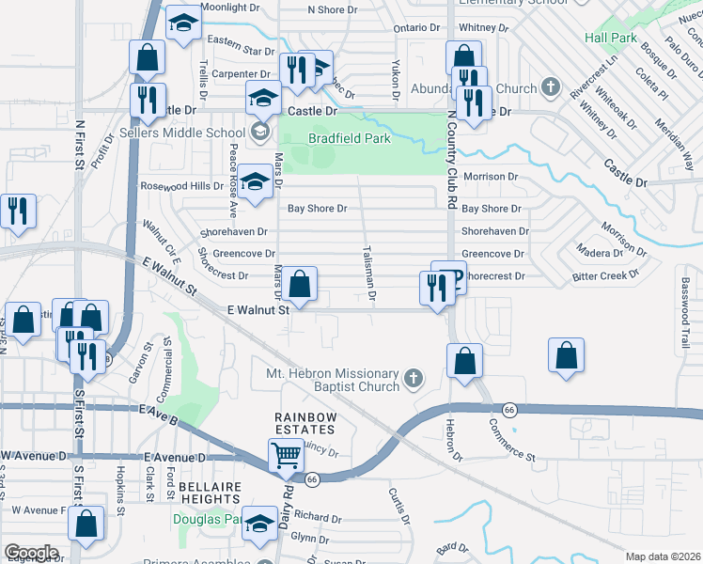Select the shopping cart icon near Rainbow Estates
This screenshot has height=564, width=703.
point(287,456)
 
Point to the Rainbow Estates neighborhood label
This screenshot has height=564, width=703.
point(304,424)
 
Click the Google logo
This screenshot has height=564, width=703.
point(31,552)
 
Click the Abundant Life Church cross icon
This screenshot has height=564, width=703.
point(551,89)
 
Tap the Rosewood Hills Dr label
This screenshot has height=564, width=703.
point(181,186)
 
